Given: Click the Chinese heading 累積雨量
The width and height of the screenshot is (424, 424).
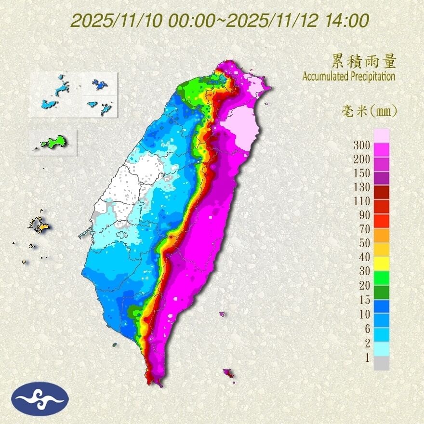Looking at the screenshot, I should coord(364,61).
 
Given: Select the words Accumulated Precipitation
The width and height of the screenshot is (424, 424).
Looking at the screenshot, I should coord(348,77).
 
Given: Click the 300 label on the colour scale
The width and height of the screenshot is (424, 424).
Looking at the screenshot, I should coord(361,145).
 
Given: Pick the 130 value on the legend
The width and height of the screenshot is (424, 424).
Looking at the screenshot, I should coord(361,187).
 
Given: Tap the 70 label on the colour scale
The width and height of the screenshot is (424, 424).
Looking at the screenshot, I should coord(364,229).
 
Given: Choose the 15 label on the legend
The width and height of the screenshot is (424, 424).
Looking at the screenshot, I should coord(364,300).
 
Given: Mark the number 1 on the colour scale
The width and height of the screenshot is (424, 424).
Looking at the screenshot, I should coord(367,358).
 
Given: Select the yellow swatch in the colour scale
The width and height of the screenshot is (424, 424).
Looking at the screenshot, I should coord(381,263).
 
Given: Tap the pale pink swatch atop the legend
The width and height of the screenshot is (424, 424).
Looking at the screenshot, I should coord(381,135).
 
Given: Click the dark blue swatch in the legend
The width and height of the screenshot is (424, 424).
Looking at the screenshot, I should coord(381,306).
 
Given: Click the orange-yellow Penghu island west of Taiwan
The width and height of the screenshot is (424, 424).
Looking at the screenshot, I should coord(41,225).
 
